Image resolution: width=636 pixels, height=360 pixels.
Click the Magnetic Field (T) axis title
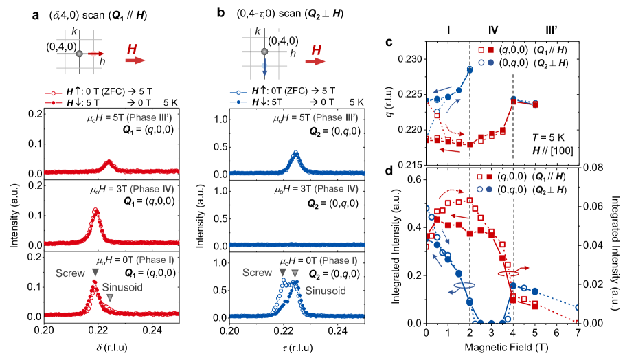502,348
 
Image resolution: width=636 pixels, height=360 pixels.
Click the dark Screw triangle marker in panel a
95,273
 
